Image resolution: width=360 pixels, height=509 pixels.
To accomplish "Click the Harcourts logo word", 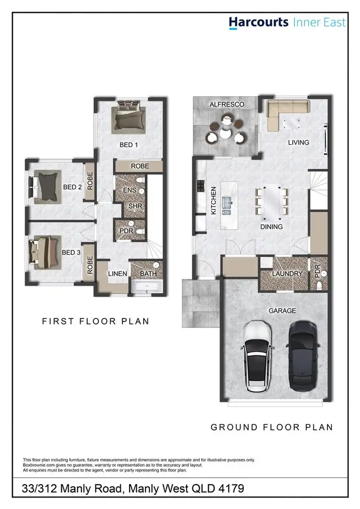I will [x=258, y=23].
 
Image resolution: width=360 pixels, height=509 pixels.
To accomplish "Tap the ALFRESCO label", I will [x=227, y=104].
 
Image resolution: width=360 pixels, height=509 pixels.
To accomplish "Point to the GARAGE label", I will [x=282, y=311].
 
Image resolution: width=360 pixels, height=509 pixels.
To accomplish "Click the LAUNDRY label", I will [x=287, y=274].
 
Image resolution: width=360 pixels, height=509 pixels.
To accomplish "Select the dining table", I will [x=272, y=201].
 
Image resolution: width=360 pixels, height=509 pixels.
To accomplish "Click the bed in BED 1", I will [x=128, y=117].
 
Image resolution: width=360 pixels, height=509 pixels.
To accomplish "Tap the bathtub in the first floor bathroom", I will [x=148, y=288].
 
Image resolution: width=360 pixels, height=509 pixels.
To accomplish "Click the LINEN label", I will [x=117, y=274].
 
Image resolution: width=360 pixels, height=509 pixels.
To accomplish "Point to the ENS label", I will [x=130, y=190].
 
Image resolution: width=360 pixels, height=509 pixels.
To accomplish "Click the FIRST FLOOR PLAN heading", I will [x=96, y=321].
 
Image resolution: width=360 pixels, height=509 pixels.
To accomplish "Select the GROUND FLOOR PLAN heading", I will [x=272, y=427].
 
